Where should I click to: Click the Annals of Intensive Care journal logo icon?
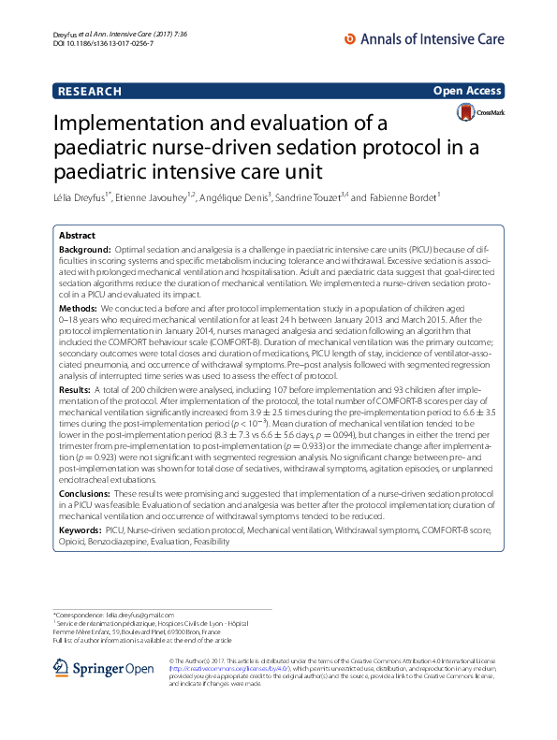click(351, 39)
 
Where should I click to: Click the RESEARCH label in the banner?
click(90, 91)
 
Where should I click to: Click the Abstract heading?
click(77, 237)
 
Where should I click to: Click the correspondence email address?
click(154, 614)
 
